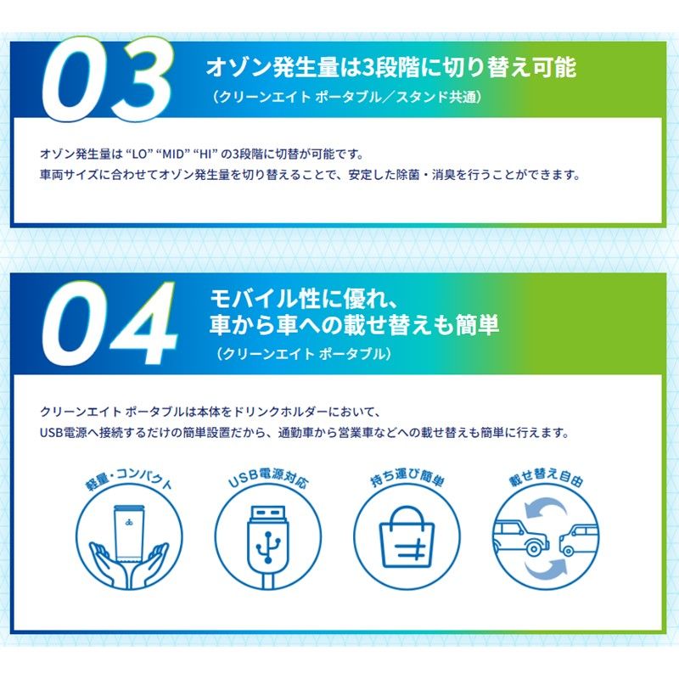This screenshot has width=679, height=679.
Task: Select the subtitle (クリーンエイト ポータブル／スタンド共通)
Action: point(347,98)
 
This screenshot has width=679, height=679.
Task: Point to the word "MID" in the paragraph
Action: point(172,154)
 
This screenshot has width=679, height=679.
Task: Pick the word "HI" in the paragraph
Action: point(204,154)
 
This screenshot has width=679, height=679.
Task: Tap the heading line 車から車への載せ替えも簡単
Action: point(354,325)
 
